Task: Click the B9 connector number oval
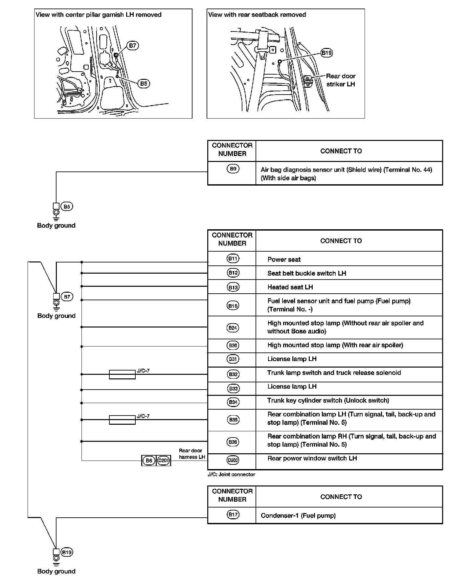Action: click(233, 169)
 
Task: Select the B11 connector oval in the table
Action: click(233, 259)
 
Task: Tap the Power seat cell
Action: click(284, 259)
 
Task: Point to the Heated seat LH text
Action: click(290, 287)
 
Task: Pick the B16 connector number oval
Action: click(233, 306)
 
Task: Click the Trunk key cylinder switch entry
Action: click(328, 400)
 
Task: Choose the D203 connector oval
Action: click(233, 460)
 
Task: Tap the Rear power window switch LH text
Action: click(312, 458)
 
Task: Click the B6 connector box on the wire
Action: click(149, 461)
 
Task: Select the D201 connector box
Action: click(163, 461)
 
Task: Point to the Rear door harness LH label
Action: click(192, 454)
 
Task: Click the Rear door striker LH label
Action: click(341, 80)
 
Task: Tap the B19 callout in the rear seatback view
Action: click(327, 53)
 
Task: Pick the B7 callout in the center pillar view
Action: click(132, 45)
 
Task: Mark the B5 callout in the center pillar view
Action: click(144, 84)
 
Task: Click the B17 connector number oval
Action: click(233, 514)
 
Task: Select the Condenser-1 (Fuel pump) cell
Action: click(298, 515)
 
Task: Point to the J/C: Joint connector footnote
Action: click(231, 474)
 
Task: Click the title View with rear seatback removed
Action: click(257, 14)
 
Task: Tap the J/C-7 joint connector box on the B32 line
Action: click(122, 374)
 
